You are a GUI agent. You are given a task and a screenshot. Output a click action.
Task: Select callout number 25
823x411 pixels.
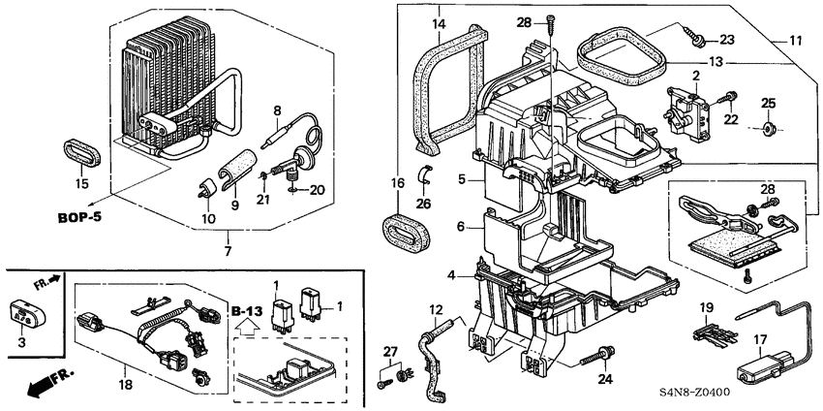(768, 103)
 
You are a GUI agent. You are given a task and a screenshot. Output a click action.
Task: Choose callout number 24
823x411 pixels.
(604, 379)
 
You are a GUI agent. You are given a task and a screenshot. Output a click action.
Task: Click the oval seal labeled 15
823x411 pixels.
(79, 152)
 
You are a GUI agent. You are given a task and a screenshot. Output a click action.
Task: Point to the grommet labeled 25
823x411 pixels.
(768, 128)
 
